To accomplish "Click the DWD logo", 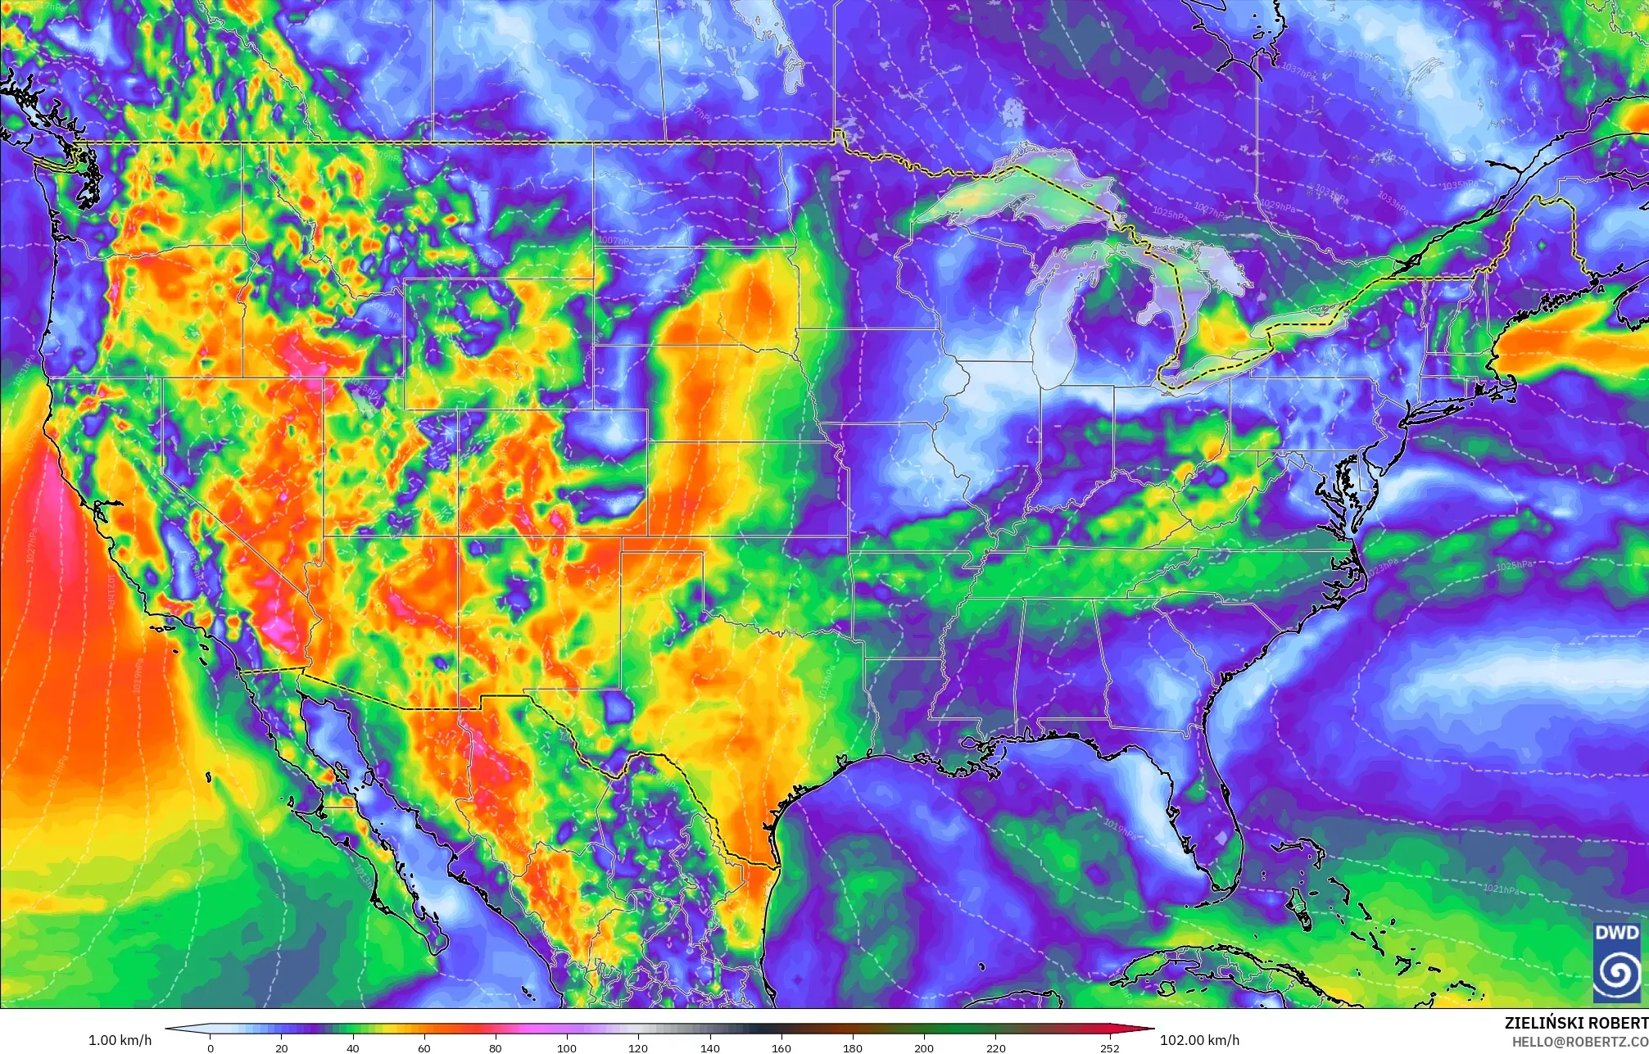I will pyautogui.click(x=1616, y=961).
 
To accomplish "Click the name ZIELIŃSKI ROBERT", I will pyautogui.click(x=1575, y=1023).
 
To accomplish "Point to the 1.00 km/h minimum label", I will pyautogui.click(x=120, y=1040).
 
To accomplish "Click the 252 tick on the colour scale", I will pyautogui.click(x=1109, y=1047).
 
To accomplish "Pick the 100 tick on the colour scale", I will pyautogui.click(x=566, y=1047).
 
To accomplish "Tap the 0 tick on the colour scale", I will pyautogui.click(x=211, y=1047).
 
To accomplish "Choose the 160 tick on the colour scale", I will pyautogui.click(x=781, y=1047).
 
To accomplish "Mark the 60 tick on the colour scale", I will pyautogui.click(x=424, y=1047).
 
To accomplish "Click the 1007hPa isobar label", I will pyautogui.click(x=615, y=241).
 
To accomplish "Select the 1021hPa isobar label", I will pyautogui.click(x=1501, y=889).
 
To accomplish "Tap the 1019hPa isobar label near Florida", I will pyautogui.click(x=1120, y=828).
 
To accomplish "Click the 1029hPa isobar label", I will pyautogui.click(x=1278, y=205).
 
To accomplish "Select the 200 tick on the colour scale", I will pyautogui.click(x=923, y=1047).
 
